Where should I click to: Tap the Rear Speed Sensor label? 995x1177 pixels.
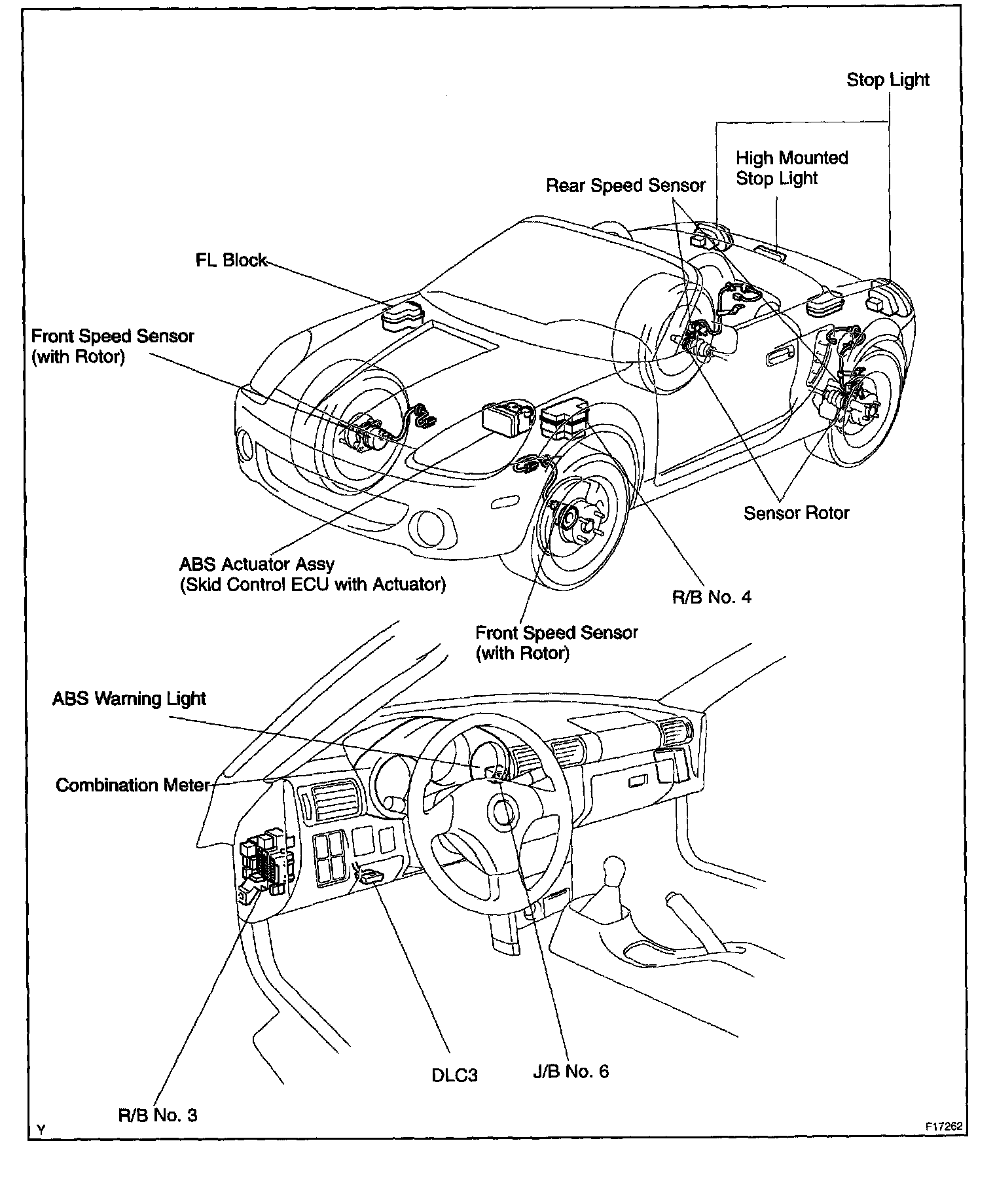point(625,186)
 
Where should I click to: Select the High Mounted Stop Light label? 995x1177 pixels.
point(791,168)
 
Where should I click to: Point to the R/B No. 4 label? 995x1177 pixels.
point(712,597)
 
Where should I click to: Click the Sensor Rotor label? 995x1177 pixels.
point(796,513)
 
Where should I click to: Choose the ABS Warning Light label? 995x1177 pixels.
point(129,699)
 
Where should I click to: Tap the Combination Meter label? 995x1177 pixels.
point(132,786)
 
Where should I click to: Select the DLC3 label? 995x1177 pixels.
point(454,1076)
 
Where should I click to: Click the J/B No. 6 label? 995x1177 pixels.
point(571,1072)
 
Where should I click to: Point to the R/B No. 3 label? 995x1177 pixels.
point(158,1115)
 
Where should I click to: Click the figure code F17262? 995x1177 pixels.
point(944,1127)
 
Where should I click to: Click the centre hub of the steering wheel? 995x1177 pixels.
point(504,813)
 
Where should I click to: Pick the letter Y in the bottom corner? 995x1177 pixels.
point(41,1130)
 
